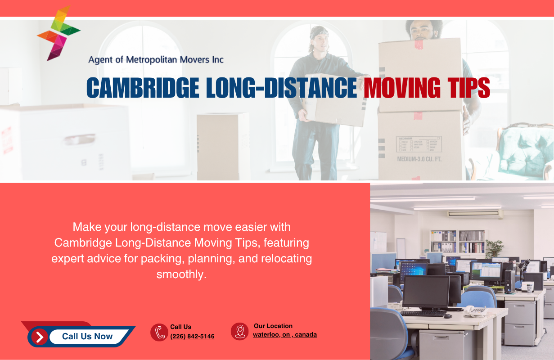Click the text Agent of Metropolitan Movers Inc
(x=156, y=59)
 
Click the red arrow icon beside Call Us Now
(x=40, y=337)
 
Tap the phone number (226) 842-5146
(x=192, y=336)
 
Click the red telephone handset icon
(x=159, y=333)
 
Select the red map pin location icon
(x=239, y=331)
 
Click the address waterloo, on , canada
(x=284, y=334)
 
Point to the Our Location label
(x=273, y=326)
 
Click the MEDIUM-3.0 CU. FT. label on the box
(x=419, y=159)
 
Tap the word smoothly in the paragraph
(x=181, y=274)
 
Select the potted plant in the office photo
(x=495, y=248)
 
